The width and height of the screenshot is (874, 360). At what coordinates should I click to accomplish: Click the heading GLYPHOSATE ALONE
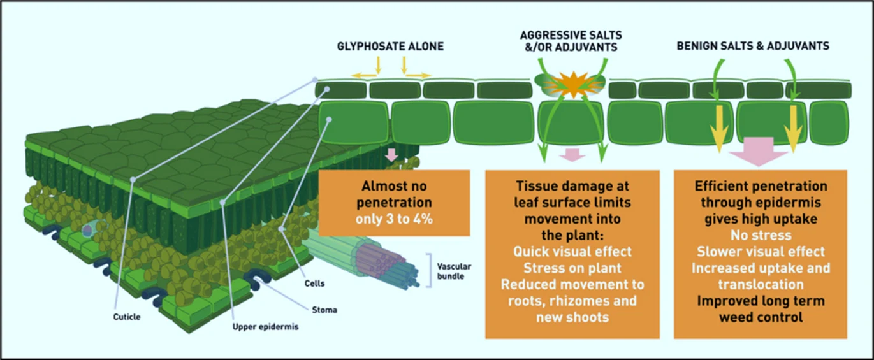click(x=390, y=46)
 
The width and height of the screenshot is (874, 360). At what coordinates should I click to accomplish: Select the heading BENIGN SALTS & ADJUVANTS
click(x=752, y=46)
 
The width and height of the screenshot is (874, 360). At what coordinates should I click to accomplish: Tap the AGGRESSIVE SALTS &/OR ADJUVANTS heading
click(x=571, y=40)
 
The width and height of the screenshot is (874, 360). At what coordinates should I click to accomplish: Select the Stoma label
click(x=325, y=310)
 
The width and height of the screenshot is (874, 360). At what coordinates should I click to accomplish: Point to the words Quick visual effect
click(x=572, y=251)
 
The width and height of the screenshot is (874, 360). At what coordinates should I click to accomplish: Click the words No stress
click(x=761, y=235)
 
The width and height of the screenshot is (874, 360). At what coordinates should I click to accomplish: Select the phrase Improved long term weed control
click(x=760, y=308)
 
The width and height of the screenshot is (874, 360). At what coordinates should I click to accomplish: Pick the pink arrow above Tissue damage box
click(x=572, y=155)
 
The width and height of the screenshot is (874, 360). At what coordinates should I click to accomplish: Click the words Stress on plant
click(x=572, y=267)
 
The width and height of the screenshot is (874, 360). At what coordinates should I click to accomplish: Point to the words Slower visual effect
click(x=761, y=251)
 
